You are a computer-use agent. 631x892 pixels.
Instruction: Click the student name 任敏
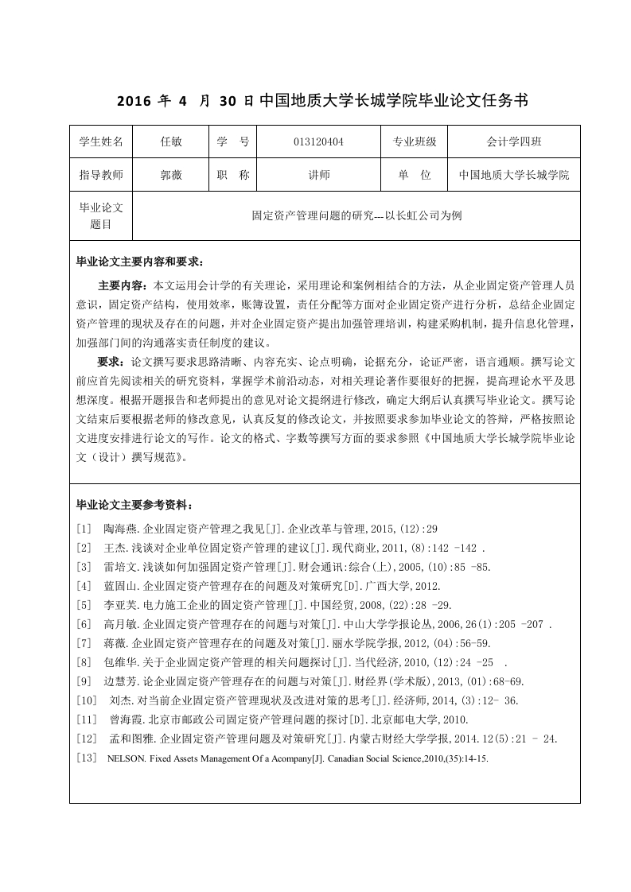[171, 142]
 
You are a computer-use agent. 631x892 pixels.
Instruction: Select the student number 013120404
[318, 142]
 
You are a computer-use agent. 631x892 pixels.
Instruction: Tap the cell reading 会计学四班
[514, 142]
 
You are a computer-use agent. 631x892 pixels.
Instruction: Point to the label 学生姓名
[101, 142]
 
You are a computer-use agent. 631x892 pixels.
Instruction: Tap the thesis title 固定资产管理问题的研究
[317, 215]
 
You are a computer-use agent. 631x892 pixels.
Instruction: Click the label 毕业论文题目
[101, 215]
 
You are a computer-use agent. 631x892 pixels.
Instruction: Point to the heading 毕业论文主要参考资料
[133, 505]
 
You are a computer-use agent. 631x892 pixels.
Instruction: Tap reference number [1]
[84, 529]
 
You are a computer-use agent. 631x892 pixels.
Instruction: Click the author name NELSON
[125, 758]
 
